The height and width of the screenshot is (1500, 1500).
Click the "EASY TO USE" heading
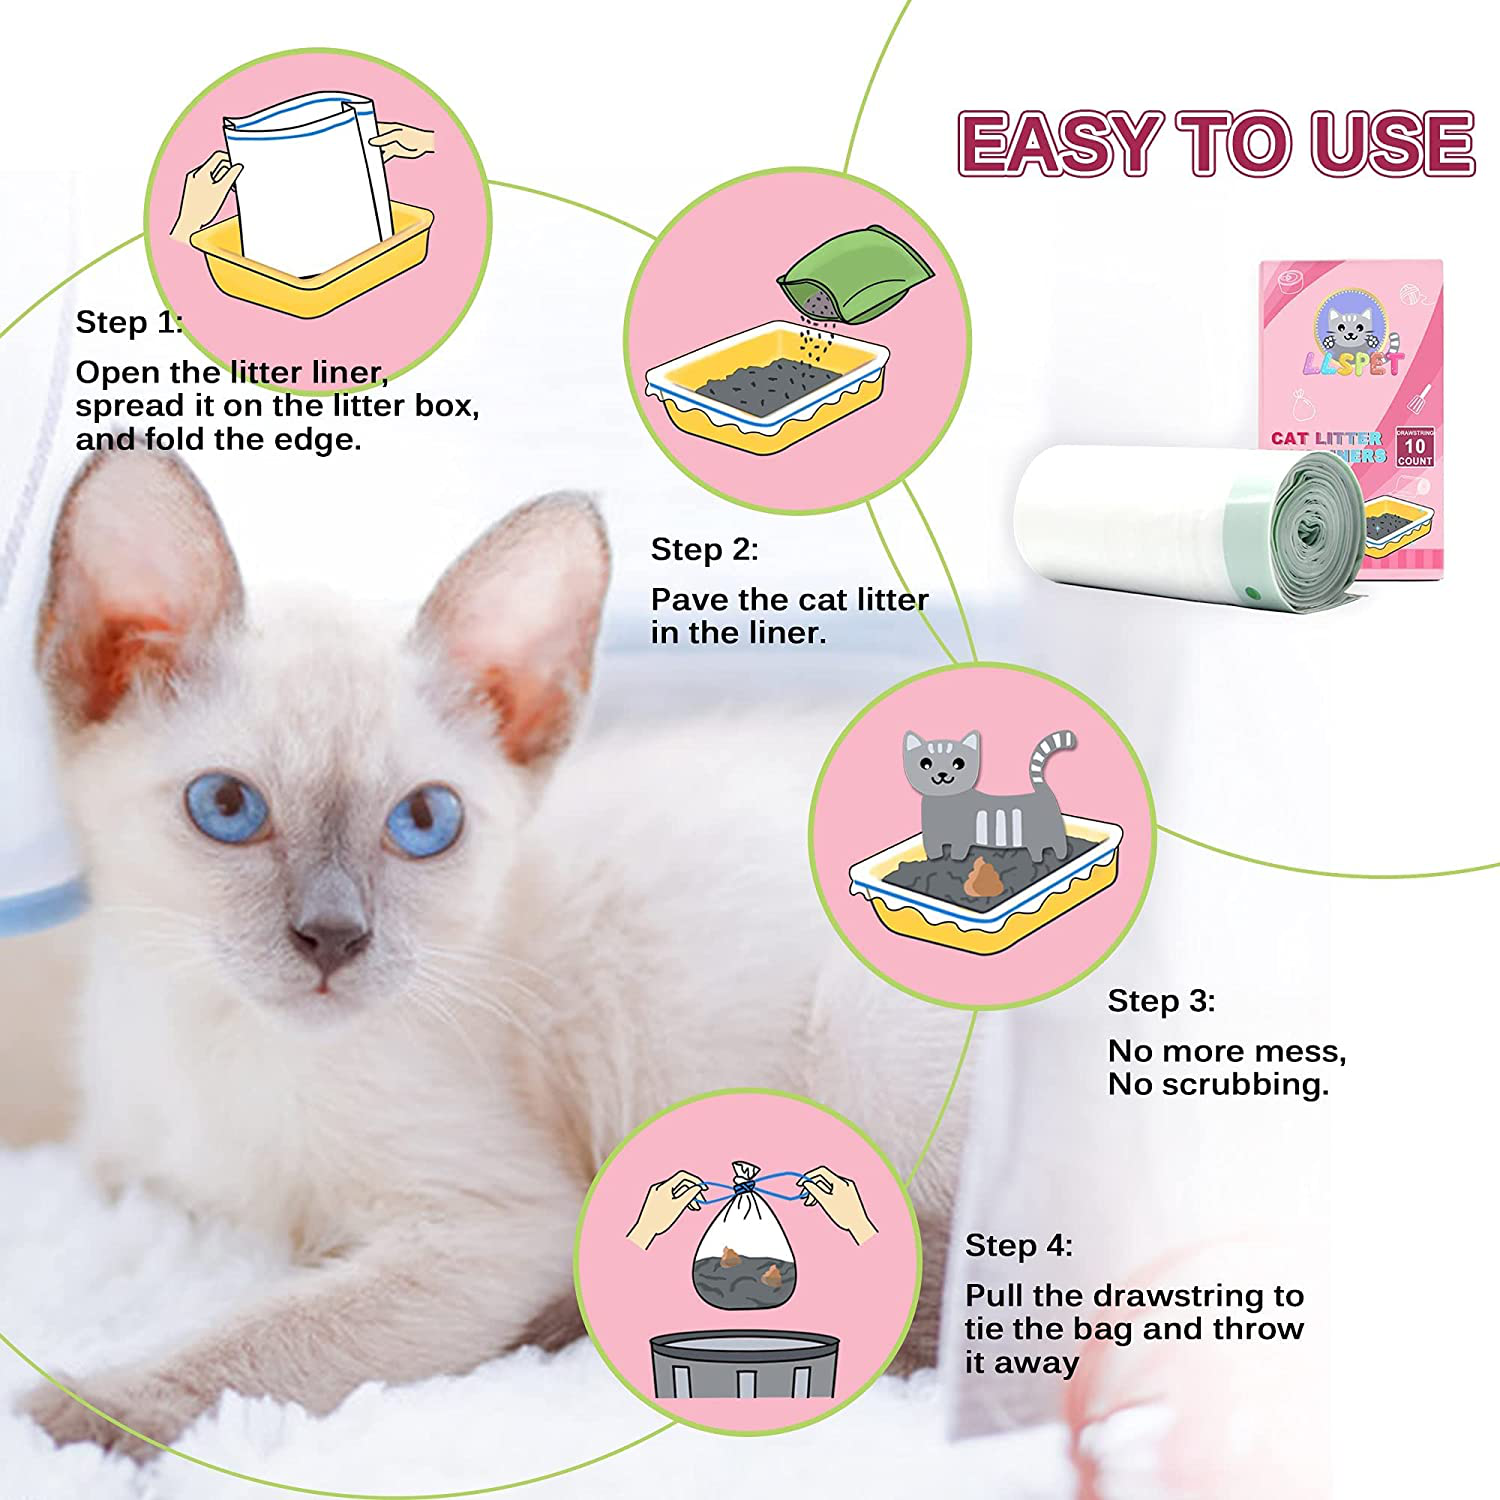pyautogui.click(x=1216, y=144)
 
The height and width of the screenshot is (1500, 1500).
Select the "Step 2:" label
pyautogui.click(x=704, y=549)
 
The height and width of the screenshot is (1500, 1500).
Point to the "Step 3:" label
pyautogui.click(x=1161, y=1001)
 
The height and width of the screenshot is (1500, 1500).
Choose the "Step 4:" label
pyautogui.click(x=1018, y=1245)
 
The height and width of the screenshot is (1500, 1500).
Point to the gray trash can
pyautogui.click(x=745, y=1364)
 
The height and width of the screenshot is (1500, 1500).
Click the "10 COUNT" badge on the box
pyautogui.click(x=1414, y=447)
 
